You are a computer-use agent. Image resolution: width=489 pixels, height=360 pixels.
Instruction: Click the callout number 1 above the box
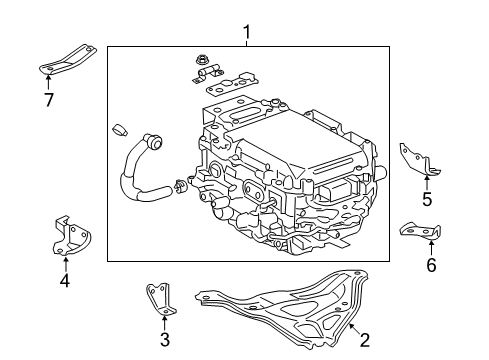tap(247, 34)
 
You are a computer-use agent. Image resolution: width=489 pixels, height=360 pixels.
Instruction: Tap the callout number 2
tap(365, 340)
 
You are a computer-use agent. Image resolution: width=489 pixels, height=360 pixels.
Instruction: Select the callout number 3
tap(165, 340)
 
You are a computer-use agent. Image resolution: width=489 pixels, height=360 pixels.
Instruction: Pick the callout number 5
tap(427, 199)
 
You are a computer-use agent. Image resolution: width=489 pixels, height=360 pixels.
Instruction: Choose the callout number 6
tap(431, 265)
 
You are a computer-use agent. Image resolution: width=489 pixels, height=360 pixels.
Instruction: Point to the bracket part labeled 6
tap(422, 231)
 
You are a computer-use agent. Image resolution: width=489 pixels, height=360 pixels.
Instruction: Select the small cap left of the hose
tap(119, 129)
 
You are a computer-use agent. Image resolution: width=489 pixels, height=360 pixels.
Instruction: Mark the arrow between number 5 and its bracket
tap(427, 182)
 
